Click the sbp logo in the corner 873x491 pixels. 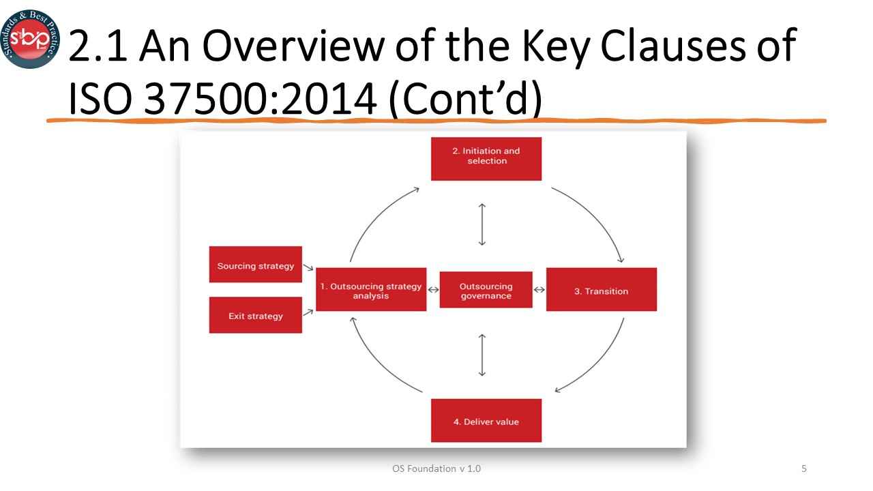pyautogui.click(x=29, y=39)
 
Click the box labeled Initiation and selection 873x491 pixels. pyautogui.click(x=486, y=158)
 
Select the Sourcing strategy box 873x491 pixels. pyautogui.click(x=255, y=265)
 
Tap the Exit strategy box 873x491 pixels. pyautogui.click(x=255, y=315)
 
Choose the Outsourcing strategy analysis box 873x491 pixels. pyautogui.click(x=371, y=290)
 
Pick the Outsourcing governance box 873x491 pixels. pyautogui.click(x=486, y=290)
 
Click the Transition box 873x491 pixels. pyautogui.click(x=601, y=290)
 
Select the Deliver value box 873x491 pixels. pyautogui.click(x=486, y=420)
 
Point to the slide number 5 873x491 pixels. pyautogui.click(x=804, y=468)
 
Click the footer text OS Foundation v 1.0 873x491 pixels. pyautogui.click(x=436, y=468)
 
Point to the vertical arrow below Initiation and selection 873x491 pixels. pyautogui.click(x=482, y=224)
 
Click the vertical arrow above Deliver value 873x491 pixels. pyautogui.click(x=482, y=355)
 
